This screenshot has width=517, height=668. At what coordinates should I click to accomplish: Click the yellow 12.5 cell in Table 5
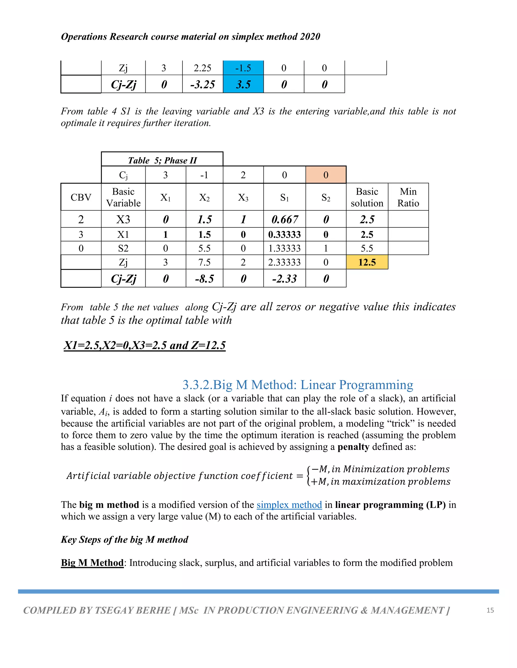coord(367,262)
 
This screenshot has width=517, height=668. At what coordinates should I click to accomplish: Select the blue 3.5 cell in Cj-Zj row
coord(243,84)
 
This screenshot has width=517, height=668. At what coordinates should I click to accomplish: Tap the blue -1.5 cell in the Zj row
coord(243,68)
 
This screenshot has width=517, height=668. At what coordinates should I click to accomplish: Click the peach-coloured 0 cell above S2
coord(326,175)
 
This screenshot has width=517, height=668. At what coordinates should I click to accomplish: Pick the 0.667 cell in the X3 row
coord(285,219)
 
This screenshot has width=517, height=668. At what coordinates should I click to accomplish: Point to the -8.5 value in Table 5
coord(204,279)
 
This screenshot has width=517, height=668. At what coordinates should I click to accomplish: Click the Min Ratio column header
coord(408,197)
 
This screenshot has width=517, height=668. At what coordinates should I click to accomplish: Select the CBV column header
coord(81,197)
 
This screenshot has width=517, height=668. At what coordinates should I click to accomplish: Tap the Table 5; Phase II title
coord(162,160)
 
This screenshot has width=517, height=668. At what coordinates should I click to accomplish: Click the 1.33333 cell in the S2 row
coord(285,248)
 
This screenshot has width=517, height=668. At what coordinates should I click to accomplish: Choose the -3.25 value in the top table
coord(202,84)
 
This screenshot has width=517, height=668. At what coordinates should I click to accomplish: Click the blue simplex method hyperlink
coord(289,505)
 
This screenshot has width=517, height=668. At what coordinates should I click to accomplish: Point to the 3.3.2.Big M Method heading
coord(298,385)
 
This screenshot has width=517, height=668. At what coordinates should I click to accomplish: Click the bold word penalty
coord(353,447)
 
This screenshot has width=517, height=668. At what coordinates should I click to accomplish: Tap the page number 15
coord(490,610)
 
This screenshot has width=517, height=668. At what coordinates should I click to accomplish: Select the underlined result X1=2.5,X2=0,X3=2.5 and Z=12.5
coord(145,345)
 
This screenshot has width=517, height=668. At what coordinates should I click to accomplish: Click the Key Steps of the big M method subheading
coord(124,539)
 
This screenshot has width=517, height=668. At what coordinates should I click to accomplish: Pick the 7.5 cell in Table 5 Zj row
coord(204,262)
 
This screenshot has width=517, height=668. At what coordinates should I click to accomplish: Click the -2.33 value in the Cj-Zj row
coord(285,279)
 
